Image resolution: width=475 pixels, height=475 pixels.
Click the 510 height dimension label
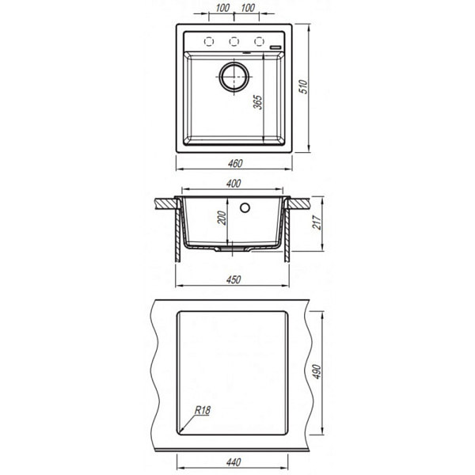[x=303, y=87]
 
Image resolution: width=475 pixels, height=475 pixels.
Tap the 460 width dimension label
[x=235, y=164]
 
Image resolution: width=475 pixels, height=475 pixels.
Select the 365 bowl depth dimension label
[x=258, y=102]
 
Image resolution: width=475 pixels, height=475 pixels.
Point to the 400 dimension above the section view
[x=234, y=184]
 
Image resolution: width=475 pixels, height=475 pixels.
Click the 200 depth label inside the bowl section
[x=222, y=218]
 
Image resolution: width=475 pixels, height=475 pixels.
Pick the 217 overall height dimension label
[x=317, y=222]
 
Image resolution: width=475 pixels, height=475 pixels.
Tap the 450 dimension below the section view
[x=234, y=279]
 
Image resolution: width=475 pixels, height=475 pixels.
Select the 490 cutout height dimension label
[x=317, y=371]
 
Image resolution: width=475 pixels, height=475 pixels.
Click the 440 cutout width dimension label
[x=234, y=462]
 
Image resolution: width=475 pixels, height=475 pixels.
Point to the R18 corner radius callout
[x=203, y=410]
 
